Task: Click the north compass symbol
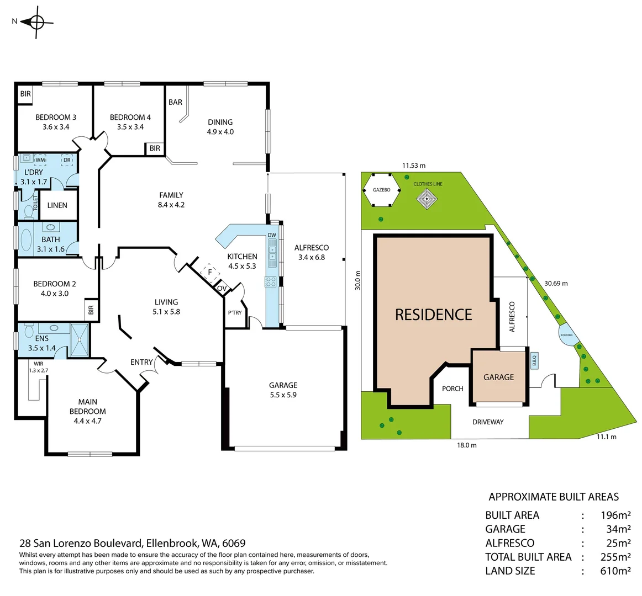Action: tap(36, 22)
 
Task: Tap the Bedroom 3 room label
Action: tap(56, 117)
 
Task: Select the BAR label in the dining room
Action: tap(175, 102)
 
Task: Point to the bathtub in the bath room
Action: tap(26, 240)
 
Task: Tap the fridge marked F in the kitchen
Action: tap(209, 272)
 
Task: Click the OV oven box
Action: tap(222, 289)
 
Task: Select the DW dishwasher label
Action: tap(272, 236)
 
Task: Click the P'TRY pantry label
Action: tap(235, 313)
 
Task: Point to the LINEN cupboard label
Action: tap(57, 205)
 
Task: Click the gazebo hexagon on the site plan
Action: tap(381, 190)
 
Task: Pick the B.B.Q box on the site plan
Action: tap(534, 360)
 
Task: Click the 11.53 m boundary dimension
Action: tap(414, 166)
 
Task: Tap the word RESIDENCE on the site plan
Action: tap(433, 315)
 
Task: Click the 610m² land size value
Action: tap(615, 571)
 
